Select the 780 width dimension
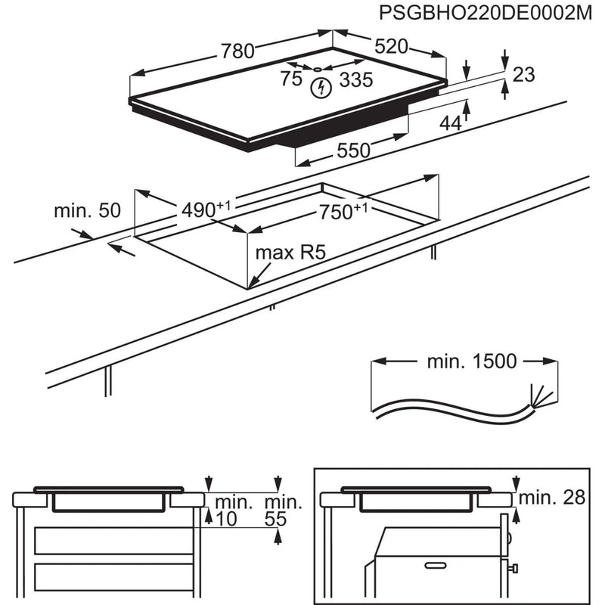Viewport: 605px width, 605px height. (x=237, y=51)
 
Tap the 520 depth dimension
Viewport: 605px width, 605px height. (x=391, y=47)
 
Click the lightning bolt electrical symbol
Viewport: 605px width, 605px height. (x=321, y=88)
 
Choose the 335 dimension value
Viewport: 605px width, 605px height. (x=355, y=79)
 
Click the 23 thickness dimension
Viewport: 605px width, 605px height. (x=523, y=75)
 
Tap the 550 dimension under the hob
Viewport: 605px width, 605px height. (x=353, y=150)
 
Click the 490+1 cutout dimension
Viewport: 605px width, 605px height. (x=205, y=209)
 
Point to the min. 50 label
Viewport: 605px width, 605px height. (x=87, y=211)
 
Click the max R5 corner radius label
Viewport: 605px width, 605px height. (x=290, y=253)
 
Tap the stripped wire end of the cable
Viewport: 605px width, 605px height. (x=538, y=396)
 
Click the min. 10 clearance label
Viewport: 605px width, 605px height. (x=233, y=510)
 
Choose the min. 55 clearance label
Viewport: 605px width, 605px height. (x=283, y=510)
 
